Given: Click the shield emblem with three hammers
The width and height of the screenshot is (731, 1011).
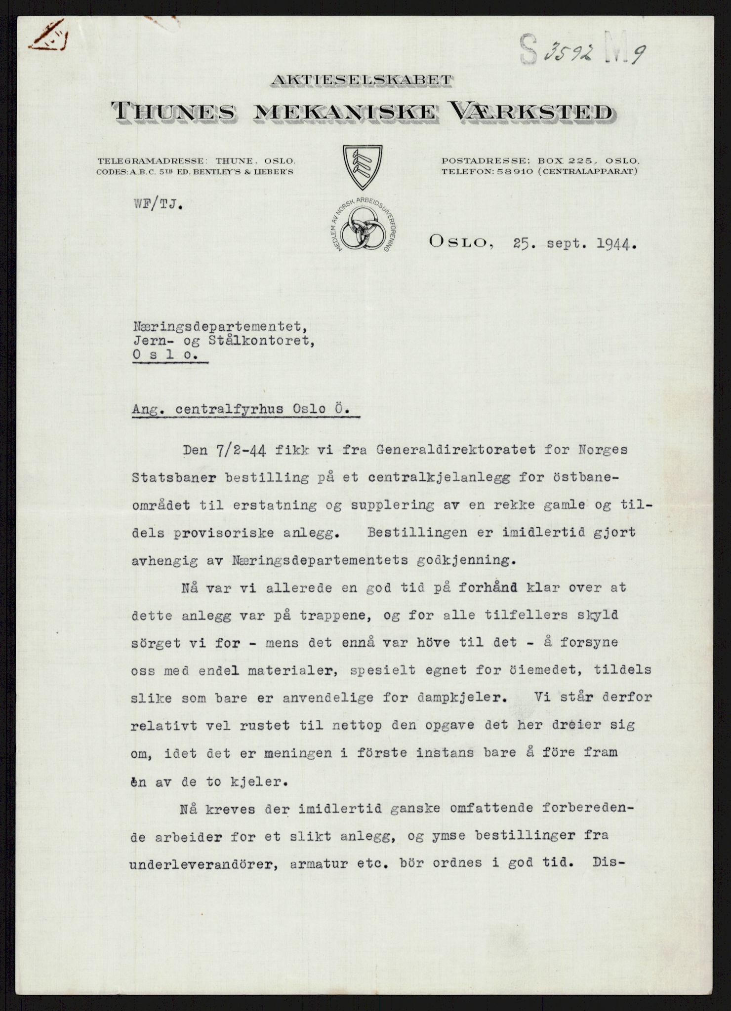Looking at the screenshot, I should point(364,167).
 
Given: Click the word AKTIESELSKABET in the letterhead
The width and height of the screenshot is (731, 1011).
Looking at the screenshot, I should point(361,80).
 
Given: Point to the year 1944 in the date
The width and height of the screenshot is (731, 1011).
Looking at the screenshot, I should point(609,243).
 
